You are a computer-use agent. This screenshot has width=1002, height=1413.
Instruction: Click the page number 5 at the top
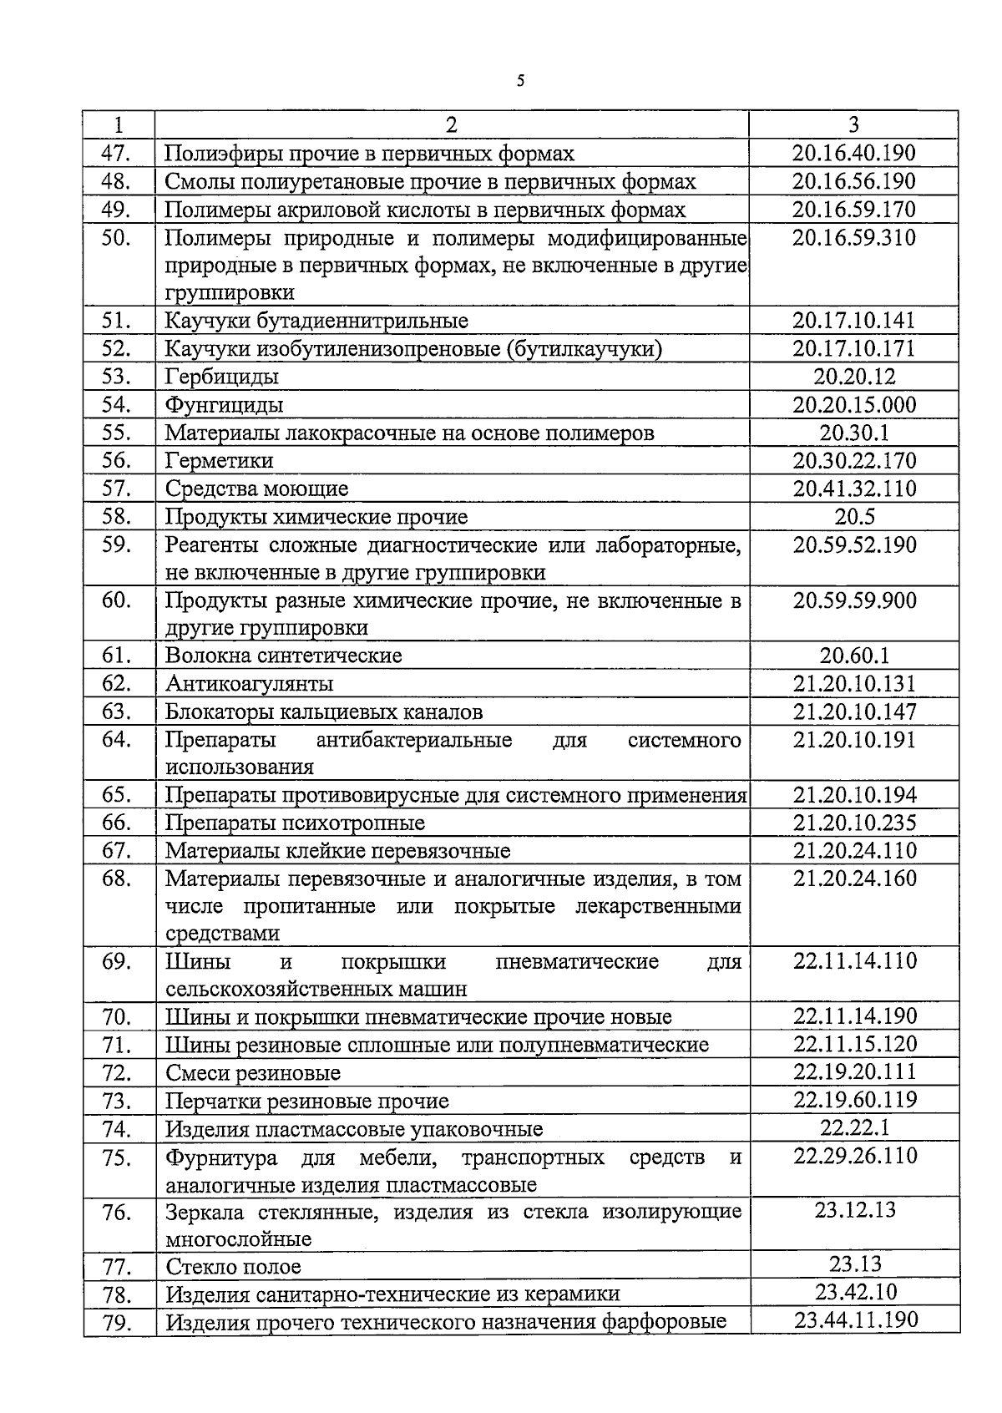(520, 81)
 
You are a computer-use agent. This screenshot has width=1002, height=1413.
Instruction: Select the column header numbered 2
(451, 125)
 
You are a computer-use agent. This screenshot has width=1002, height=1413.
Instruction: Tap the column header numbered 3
(853, 125)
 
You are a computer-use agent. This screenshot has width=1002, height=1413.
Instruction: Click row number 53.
(117, 377)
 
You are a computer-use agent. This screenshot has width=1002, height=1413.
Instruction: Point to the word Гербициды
(221, 377)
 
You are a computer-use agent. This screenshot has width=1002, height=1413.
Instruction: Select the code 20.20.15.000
(854, 405)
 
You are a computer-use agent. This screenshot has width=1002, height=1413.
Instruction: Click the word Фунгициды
(224, 405)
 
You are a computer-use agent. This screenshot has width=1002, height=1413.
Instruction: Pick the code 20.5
(854, 517)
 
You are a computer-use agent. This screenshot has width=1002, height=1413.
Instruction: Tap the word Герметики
(219, 461)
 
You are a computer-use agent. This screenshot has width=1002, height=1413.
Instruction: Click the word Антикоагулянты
(249, 684)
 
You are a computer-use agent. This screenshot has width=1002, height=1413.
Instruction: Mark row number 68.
(117, 879)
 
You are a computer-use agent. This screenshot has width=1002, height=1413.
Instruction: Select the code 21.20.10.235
(854, 823)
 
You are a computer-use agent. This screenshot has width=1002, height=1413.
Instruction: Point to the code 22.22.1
(854, 1128)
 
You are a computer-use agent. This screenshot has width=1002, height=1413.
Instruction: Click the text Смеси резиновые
(252, 1073)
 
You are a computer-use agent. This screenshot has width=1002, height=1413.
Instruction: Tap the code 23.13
(854, 1264)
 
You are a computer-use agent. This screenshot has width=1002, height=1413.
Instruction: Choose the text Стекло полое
(233, 1267)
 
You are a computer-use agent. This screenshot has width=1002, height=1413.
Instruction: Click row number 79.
(117, 1323)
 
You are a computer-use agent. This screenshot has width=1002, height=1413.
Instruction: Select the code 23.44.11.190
(854, 1319)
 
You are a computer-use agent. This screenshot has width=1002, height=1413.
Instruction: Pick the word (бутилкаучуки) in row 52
(584, 349)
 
